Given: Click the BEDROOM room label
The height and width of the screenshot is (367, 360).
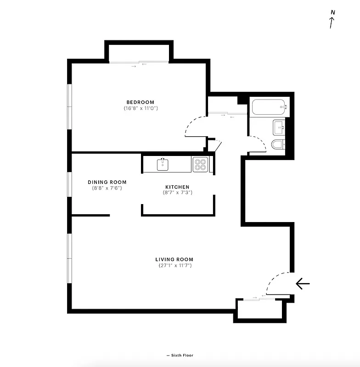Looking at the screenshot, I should click(141, 102).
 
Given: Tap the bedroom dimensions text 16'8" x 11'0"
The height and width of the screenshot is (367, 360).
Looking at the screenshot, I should click(141, 108).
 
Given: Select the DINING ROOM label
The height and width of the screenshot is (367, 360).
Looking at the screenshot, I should click(107, 182).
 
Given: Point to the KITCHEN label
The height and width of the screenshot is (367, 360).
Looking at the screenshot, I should click(177, 187).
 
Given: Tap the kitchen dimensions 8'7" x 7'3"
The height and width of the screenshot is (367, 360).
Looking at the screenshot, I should click(177, 193).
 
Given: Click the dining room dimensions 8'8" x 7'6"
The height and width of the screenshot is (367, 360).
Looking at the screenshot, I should click(107, 188).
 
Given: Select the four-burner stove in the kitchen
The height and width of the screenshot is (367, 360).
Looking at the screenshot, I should click(200, 164).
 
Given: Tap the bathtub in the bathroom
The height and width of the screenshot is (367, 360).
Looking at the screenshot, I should click(269, 107).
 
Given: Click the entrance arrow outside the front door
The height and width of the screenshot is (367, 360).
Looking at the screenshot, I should click(303, 284).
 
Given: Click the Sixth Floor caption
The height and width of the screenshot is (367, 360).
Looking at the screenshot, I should click(180, 356).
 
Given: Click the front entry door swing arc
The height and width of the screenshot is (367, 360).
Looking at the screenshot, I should click(275, 280).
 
